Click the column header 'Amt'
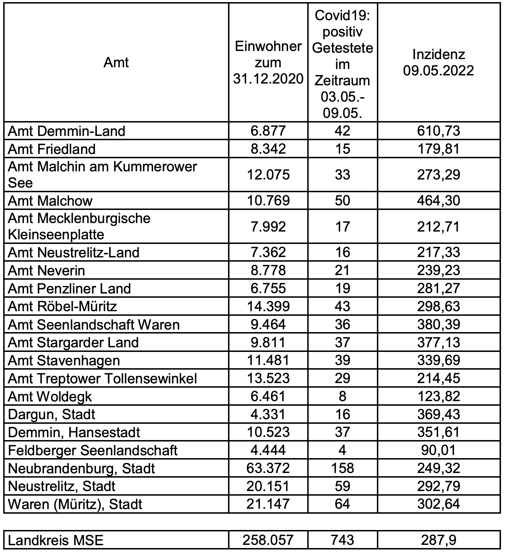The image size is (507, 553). [x=116, y=63]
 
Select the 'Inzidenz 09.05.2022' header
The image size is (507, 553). [x=438, y=63]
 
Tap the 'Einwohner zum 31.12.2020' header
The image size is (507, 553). [x=268, y=63]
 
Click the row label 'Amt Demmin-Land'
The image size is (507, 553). [x=66, y=131]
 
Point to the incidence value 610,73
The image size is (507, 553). [x=438, y=131]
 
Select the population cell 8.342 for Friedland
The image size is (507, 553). [x=268, y=149]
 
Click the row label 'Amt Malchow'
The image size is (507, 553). [x=50, y=201]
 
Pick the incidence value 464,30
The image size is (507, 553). [x=438, y=200]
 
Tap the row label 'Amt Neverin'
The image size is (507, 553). [x=46, y=270]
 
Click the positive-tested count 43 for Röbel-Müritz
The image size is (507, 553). [x=342, y=306]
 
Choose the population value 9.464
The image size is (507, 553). [x=268, y=325]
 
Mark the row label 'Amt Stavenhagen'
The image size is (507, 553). [x=64, y=361]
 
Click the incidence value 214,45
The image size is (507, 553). [x=438, y=378]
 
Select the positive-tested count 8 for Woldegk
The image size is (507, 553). [x=342, y=396]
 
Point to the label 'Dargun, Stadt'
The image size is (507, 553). [x=52, y=414]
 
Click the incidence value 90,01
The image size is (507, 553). [x=438, y=450]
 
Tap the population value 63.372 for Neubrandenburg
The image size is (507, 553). [x=268, y=468]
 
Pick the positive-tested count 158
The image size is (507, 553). [x=342, y=468]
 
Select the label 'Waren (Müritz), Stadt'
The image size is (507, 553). [x=75, y=504]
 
